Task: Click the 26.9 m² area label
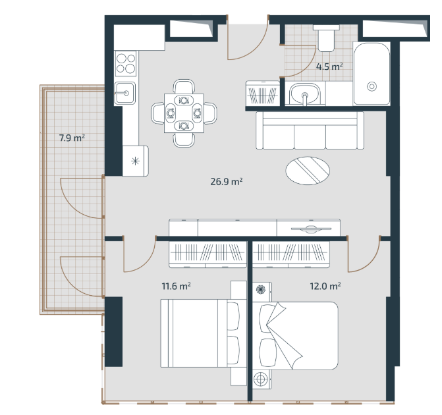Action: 227,182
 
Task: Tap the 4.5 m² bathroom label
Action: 329,67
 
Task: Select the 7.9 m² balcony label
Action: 72,138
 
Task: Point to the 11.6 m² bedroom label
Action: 176,286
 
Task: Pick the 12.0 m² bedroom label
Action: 325,286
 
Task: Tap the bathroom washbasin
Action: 305,94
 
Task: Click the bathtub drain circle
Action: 372,86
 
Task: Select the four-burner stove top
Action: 126,63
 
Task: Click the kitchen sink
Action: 125,93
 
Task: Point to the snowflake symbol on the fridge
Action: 136,161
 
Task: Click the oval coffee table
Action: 308,171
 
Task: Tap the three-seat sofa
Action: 310,130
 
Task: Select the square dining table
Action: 184,113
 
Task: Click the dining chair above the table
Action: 184,86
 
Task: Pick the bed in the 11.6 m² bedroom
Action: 200,333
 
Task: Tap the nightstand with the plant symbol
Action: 262,290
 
